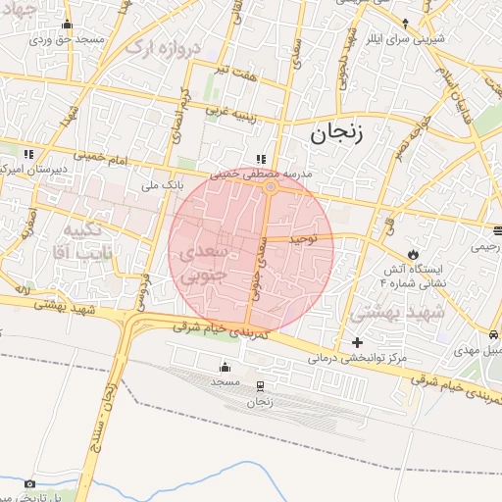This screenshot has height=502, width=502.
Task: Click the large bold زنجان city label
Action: click(x=336, y=134)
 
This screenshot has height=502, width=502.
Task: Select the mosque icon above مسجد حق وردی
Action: click(x=67, y=25)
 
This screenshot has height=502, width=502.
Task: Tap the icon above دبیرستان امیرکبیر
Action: click(x=28, y=154)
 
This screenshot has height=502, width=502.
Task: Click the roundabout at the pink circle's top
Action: click(x=270, y=186)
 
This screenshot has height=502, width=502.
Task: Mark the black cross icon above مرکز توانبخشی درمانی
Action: click(x=357, y=343)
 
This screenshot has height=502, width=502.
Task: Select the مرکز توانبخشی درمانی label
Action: click(x=355, y=360)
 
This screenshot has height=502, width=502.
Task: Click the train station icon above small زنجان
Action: click(x=260, y=386)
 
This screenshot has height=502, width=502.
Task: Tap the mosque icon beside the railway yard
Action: click(x=225, y=368)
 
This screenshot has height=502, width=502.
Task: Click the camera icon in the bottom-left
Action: click(x=29, y=483)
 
